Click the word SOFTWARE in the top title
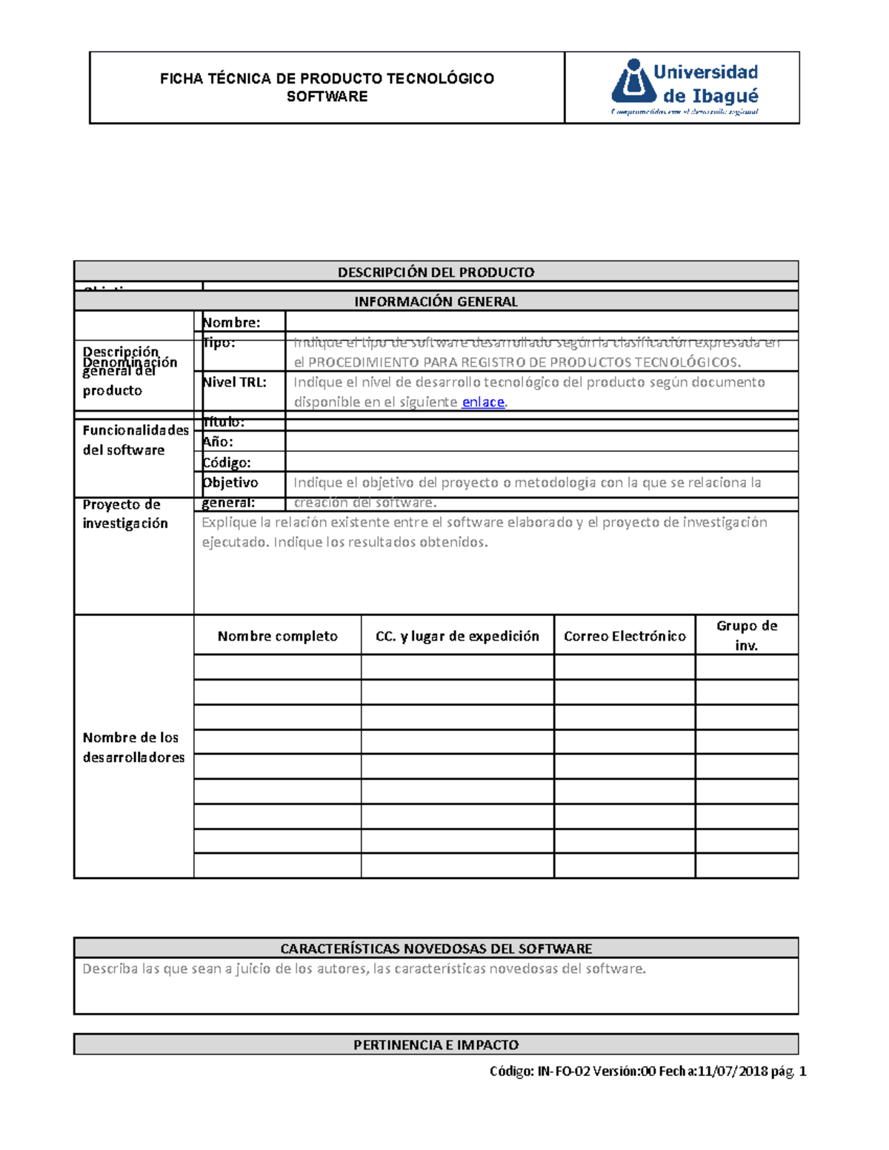coord(327,97)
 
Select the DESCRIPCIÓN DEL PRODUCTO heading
coord(436,272)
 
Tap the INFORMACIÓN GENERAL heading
coord(436,301)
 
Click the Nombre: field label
coord(231,322)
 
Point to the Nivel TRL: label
coord(234,382)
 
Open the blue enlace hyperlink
coord(483,402)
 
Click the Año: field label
coord(218,441)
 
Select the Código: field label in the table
coord(227,462)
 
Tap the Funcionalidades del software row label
coord(135,440)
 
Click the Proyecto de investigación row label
coord(124,514)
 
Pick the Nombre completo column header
coord(278,636)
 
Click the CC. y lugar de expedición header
coord(457,636)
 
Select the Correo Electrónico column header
coord(625,636)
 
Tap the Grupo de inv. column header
coord(747,635)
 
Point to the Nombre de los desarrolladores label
coord(133,747)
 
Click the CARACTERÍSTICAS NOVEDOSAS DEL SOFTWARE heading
coord(436,949)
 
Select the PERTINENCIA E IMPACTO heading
coord(436,1045)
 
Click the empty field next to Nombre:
coord(541,321)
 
